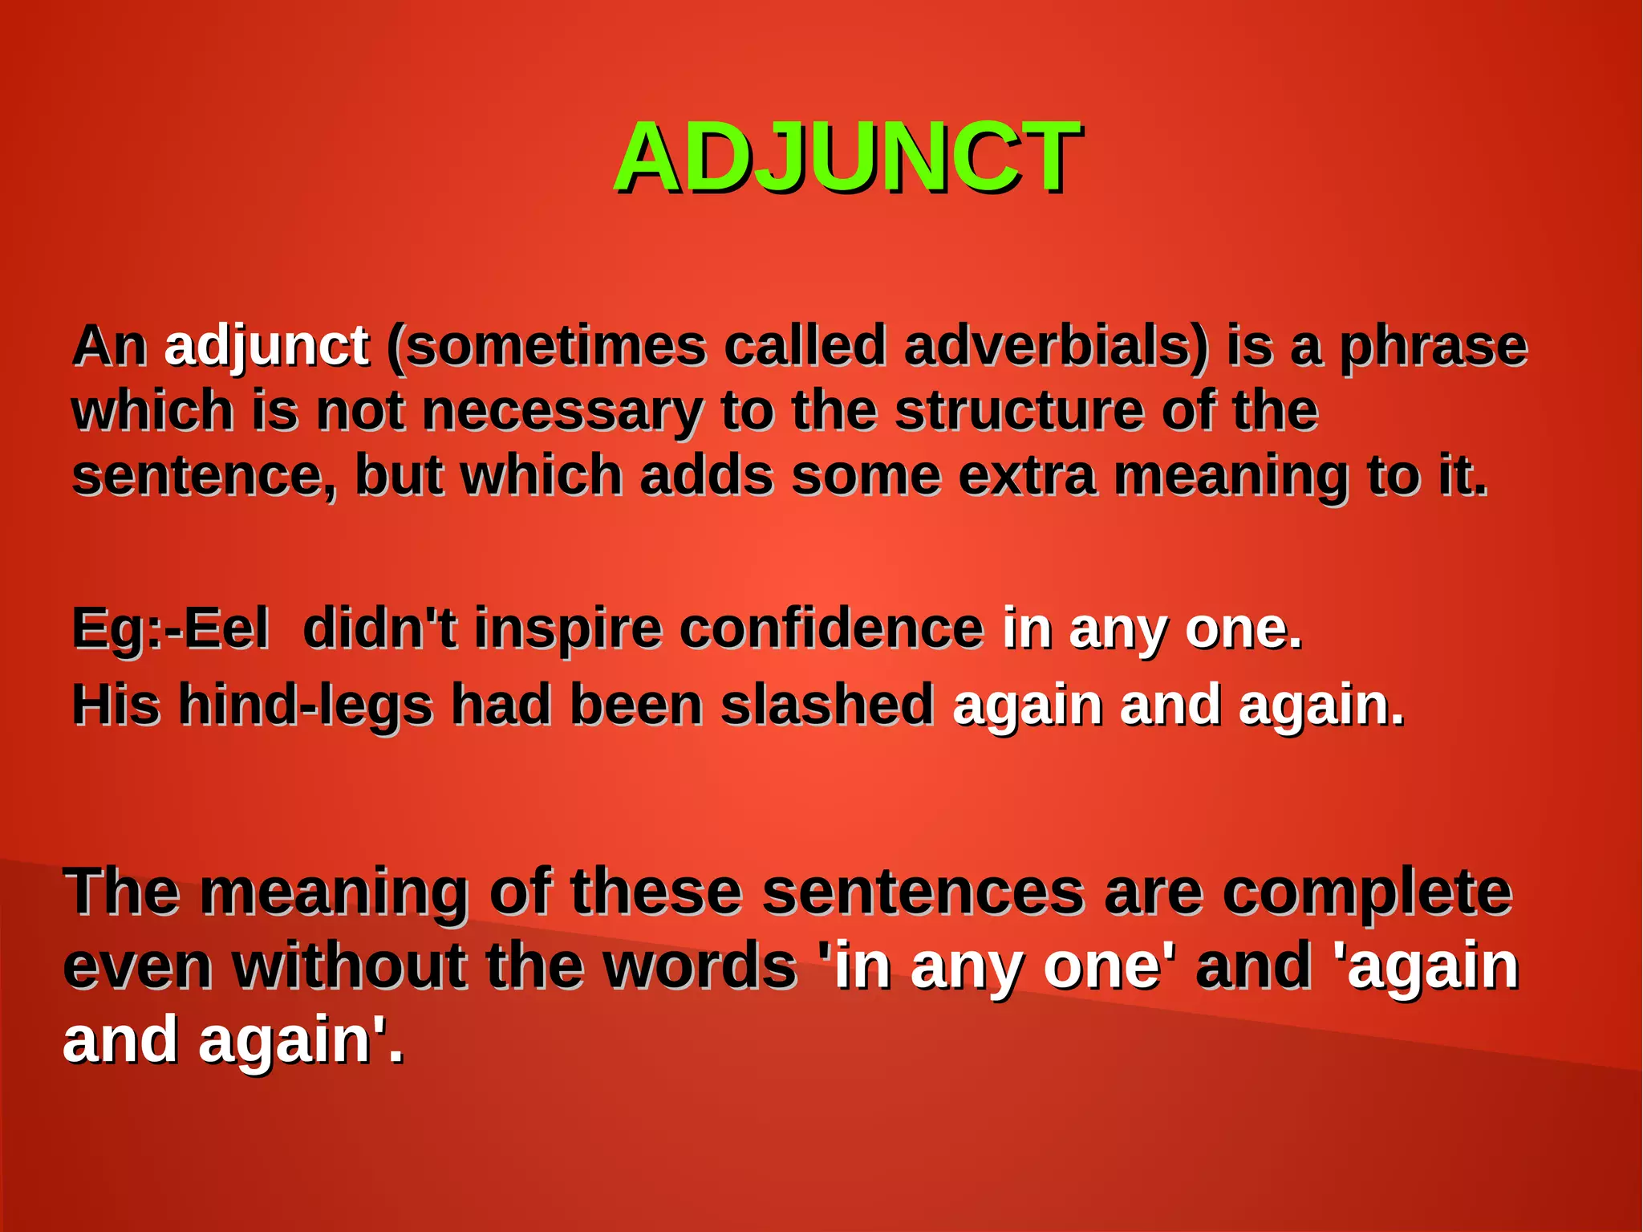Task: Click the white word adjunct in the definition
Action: [x=266, y=346]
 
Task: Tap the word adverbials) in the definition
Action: [x=1055, y=346]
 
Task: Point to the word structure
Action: [x=1019, y=411]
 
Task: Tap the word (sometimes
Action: [x=546, y=346]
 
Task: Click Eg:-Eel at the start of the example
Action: [x=170, y=628]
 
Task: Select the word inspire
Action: [x=568, y=628]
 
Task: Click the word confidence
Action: [x=831, y=628]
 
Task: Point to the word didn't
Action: [x=379, y=628]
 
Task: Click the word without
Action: [x=350, y=966]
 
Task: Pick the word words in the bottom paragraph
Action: [x=700, y=966]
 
